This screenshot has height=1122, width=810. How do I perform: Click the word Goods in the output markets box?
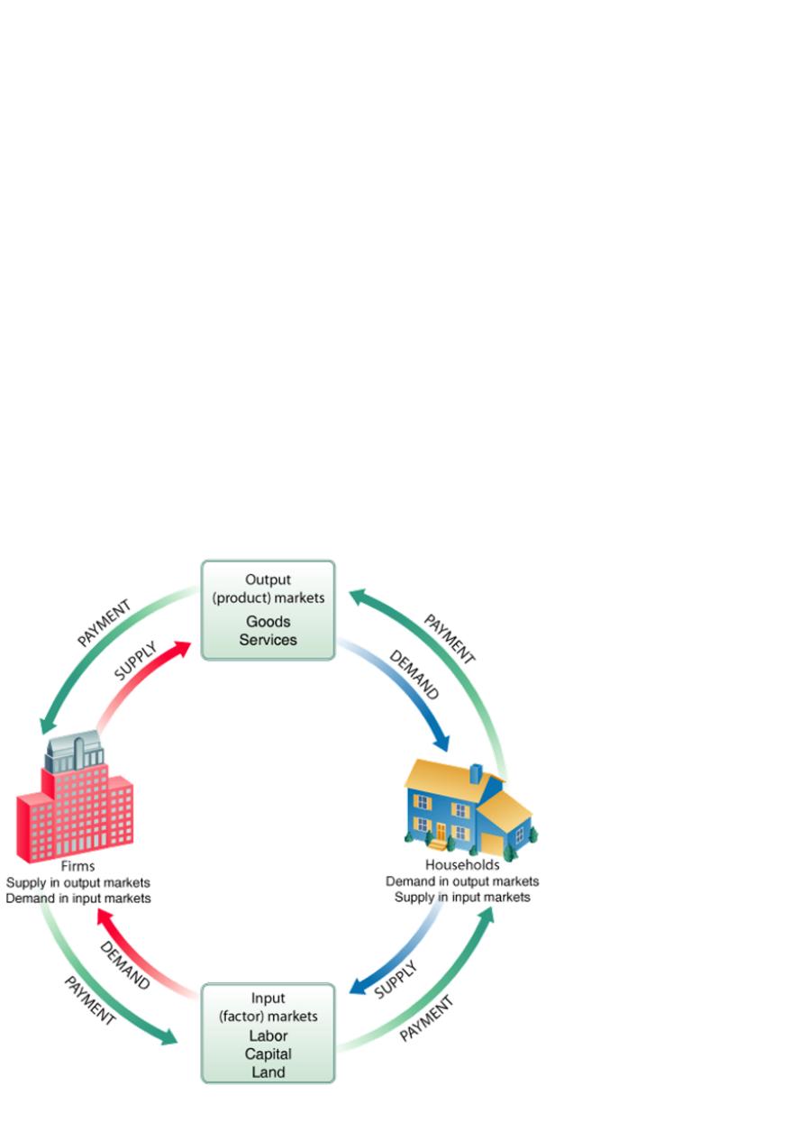(268, 622)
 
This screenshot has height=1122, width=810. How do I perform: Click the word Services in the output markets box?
(268, 640)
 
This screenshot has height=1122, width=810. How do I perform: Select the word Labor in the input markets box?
(268, 1036)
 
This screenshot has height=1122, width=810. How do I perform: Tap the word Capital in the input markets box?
(268, 1054)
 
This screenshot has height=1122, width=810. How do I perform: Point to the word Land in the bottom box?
(268, 1072)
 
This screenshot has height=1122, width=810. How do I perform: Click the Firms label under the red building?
(77, 867)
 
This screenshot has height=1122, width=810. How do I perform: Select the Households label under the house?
(462, 865)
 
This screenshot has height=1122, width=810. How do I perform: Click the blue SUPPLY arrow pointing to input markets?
(396, 955)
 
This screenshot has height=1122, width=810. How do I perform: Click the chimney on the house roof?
(475, 774)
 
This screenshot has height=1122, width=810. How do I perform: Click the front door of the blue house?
(441, 833)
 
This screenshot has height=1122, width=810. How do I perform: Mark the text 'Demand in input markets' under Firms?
(77, 899)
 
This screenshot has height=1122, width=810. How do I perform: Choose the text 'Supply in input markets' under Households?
(462, 898)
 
